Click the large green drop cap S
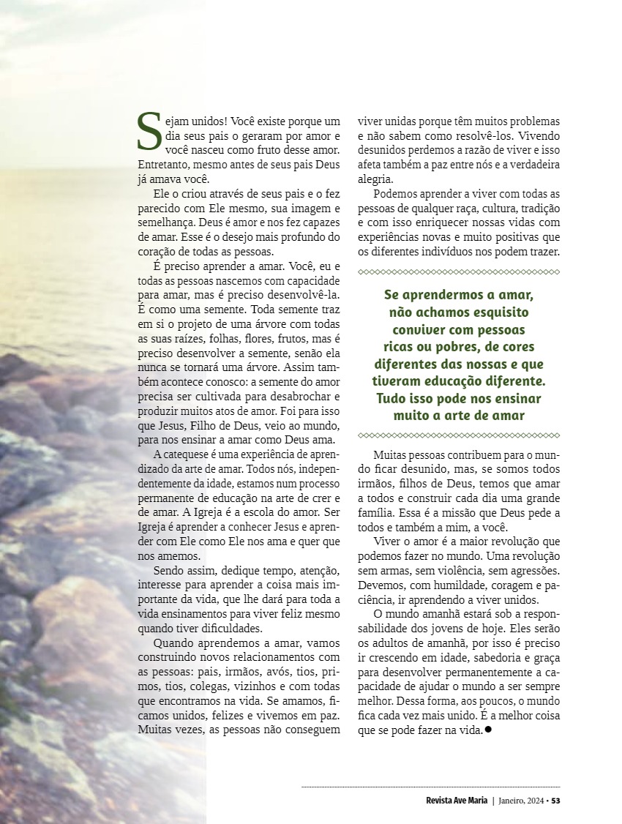[149, 132]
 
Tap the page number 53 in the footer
[556, 801]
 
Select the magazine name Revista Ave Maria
[457, 801]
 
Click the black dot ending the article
[487, 730]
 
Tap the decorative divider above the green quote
[459, 272]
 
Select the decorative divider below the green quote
[459, 435]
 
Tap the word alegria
[375, 179]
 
